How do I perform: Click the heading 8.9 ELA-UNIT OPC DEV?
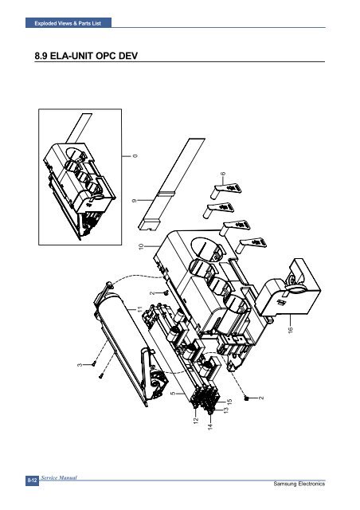86,56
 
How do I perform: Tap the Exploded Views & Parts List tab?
68,23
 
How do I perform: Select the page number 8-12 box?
32,481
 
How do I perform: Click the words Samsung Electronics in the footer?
299,484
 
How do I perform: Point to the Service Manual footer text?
59,478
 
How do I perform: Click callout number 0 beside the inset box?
135,156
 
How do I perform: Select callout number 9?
134,201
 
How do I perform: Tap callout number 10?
141,247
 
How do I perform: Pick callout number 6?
223,174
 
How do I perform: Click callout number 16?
291,329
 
